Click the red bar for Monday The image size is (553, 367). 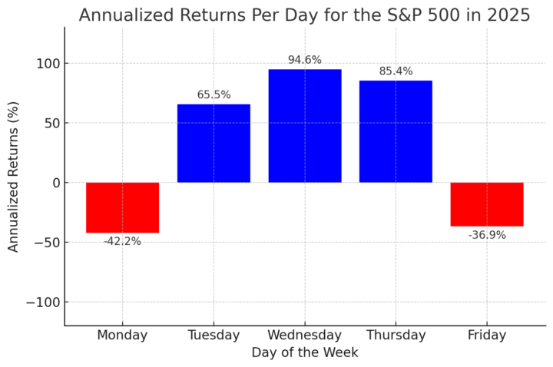pos(122,207)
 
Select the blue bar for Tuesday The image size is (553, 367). pos(214,144)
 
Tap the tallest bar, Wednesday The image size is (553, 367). pos(305,126)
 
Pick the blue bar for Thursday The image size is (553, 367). pos(396,131)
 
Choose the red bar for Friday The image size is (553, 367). pos(487,204)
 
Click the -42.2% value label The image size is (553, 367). pos(122,241)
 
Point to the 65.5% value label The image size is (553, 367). pos(214,95)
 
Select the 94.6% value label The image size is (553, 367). pos(305,60)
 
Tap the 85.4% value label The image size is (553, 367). pos(396,71)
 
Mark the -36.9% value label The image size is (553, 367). pos(487,235)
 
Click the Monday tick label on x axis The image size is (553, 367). pos(122,336)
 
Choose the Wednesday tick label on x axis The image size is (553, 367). pos(305,336)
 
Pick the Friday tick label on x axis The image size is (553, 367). pos(487,336)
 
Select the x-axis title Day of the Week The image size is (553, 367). pos(305,353)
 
